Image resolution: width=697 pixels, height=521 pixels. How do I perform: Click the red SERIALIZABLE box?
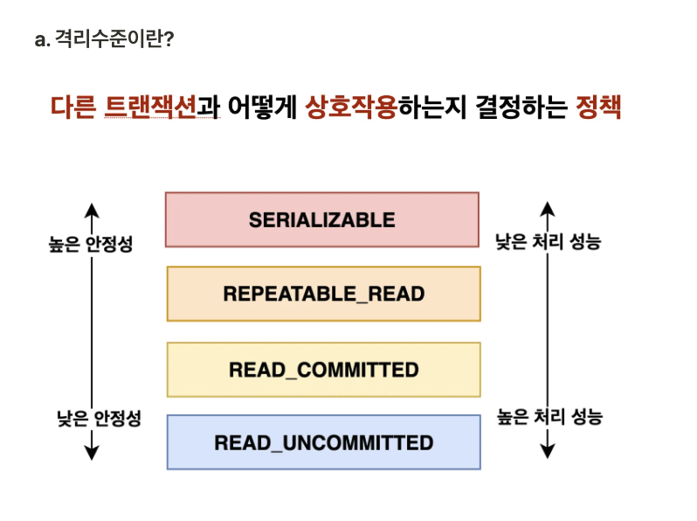322,219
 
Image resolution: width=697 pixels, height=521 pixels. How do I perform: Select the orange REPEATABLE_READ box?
323,294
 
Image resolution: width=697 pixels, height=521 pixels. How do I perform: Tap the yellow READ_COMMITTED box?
323,370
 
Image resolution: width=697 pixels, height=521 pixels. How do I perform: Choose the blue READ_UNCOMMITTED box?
323,443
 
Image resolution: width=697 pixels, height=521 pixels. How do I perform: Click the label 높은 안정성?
91,244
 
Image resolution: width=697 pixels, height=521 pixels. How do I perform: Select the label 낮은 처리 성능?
548,242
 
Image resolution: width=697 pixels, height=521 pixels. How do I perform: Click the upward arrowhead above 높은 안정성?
93,210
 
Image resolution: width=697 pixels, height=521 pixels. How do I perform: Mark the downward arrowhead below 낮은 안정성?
93,452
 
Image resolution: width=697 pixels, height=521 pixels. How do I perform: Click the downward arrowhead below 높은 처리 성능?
547,451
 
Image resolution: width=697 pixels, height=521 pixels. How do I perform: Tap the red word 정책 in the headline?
598,108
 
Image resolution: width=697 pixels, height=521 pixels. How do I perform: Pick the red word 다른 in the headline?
72,108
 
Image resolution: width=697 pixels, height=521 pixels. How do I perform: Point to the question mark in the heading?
167,40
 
